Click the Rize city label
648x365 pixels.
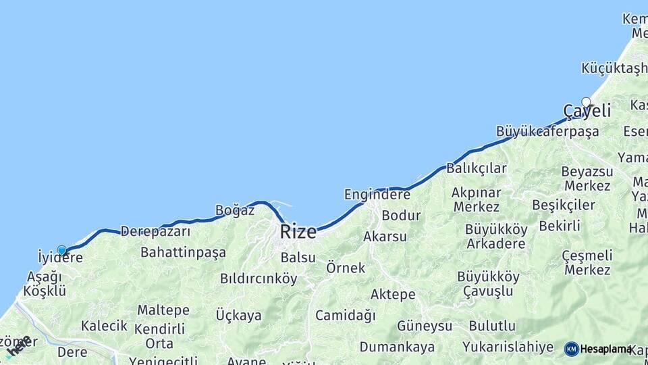coord(298,232)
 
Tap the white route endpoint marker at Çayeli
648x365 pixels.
coord(586,103)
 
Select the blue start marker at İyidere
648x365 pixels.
coord(62,251)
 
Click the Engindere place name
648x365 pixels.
coord(377,195)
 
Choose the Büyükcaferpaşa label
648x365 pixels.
coord(547,132)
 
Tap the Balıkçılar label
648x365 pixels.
coord(476,168)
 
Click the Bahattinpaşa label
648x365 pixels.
coord(183,253)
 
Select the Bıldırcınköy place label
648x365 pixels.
coord(259,278)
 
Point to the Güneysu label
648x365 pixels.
coord(424,326)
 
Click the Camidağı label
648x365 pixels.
coord(345,315)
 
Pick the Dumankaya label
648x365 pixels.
coord(397,347)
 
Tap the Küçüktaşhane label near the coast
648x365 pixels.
coord(614,68)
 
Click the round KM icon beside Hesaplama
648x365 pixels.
coord(571,349)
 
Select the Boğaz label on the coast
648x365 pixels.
coord(234,210)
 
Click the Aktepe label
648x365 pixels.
coord(393,295)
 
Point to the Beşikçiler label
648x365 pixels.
coord(563,205)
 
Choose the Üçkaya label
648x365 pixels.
coord(238,315)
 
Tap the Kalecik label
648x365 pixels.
coord(104,326)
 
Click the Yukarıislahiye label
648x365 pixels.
coord(508,347)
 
